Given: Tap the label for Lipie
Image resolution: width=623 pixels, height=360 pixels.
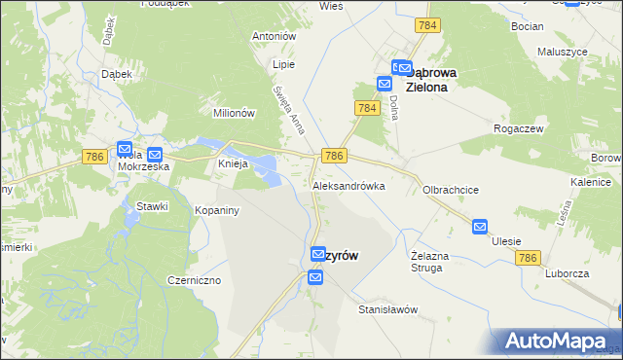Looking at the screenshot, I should coord(283,64).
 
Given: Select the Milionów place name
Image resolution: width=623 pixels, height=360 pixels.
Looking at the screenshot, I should coord(234,113).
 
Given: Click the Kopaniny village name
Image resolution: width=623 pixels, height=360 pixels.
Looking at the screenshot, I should coord(217,210).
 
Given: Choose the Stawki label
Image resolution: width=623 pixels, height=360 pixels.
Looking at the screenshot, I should coord(153,205).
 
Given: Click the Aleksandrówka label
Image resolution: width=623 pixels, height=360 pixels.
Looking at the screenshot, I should coord(348,185).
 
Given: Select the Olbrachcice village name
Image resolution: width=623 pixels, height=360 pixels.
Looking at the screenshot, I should coord(450,191).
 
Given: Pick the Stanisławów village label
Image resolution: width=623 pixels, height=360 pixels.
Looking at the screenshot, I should coord(387,309).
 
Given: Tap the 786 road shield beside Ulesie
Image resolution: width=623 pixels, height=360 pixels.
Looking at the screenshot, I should coord(528,258).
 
